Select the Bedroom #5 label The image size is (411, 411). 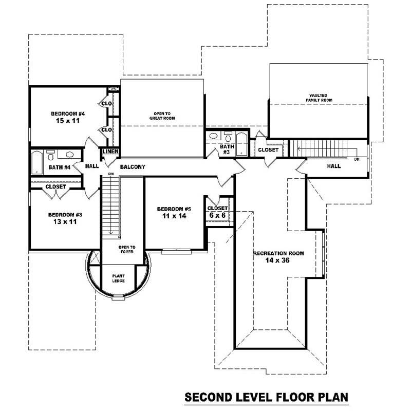[174, 209]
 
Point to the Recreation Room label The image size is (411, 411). [278, 253]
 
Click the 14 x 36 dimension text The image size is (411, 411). [278, 261]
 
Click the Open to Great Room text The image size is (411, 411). [162, 116]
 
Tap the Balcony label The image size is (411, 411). [133, 167]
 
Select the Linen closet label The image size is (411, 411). [111, 152]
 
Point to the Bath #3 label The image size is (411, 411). [227, 149]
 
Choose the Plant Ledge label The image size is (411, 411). [119, 278]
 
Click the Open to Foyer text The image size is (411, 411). [126, 249]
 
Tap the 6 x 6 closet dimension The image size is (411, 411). [217, 215]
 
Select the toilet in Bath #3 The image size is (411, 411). [228, 138]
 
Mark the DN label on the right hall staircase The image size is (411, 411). [357, 159]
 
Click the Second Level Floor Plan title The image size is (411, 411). [267, 397]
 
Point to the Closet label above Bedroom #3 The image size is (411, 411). [55, 186]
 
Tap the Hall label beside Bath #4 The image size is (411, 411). [92, 166]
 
